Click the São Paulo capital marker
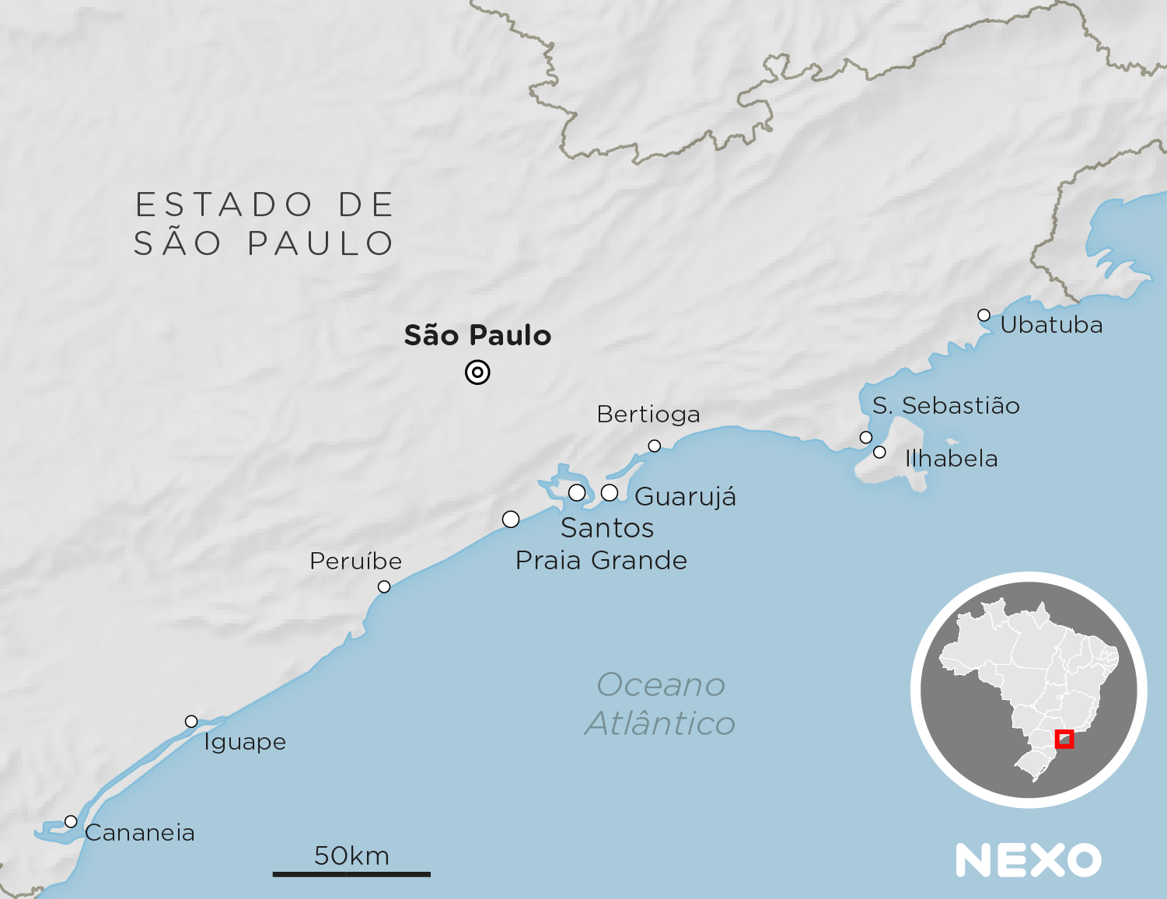click(x=477, y=373)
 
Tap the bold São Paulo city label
click(x=477, y=336)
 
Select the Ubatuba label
click(x=1051, y=325)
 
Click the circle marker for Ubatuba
click(x=984, y=315)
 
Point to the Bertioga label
click(x=648, y=415)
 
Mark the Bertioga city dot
click(x=655, y=446)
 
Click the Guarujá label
click(x=685, y=497)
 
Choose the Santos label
click(x=607, y=528)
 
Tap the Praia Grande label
click(x=601, y=561)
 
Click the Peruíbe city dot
click(x=384, y=586)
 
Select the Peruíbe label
click(x=355, y=561)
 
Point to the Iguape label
click(x=245, y=742)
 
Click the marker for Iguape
click(x=191, y=721)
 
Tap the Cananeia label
click(x=140, y=833)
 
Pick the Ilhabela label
click(x=951, y=459)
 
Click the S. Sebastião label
click(x=945, y=406)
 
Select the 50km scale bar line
click(x=351, y=874)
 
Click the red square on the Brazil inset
click(x=1064, y=739)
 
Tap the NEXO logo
click(x=1029, y=860)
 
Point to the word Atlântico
click(x=661, y=724)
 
